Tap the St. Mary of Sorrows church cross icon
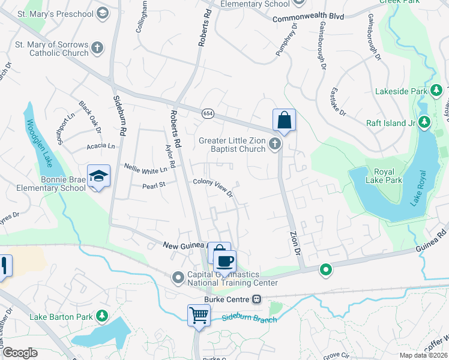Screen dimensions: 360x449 pos(97,47)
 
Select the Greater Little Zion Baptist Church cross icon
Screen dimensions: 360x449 pos(275,143)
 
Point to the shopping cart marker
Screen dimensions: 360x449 pos(199,315)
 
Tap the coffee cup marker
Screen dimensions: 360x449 pos(225,261)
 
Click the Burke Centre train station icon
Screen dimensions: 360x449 pos(256,299)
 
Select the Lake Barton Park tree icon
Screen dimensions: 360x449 pos(102,316)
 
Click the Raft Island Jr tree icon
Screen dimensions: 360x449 pos(424,123)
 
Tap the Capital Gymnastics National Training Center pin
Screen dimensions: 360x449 pos(178,278)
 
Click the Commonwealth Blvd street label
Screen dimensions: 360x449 pos(308,18)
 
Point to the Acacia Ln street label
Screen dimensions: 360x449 pos(100,146)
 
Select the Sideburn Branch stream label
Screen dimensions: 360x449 pos(249,319)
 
